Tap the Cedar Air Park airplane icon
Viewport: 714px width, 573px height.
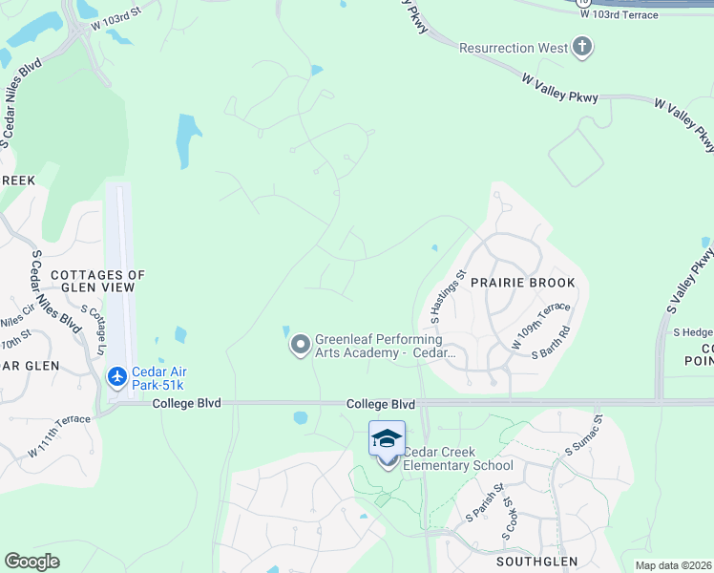point(117,377)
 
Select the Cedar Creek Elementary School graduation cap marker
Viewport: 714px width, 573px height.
point(387,438)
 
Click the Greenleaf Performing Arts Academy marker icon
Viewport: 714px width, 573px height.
point(301,346)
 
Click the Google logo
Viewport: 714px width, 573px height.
point(32,561)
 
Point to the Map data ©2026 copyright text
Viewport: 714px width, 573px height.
point(672,565)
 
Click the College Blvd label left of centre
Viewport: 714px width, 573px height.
point(186,404)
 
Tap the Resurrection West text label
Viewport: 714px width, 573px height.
point(514,48)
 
